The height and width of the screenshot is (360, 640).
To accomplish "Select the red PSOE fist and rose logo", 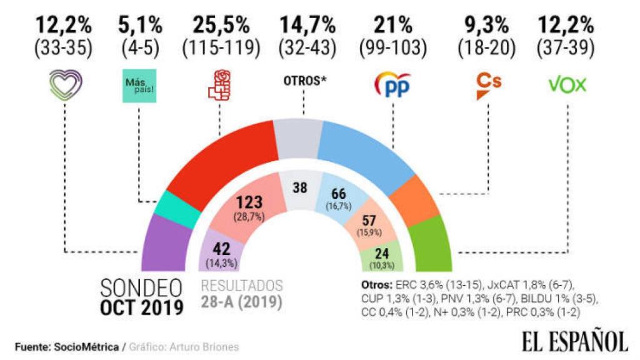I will (x=219, y=86).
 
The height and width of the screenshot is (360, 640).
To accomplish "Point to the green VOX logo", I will (x=567, y=84).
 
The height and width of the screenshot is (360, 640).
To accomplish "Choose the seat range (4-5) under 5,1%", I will (x=140, y=47).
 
